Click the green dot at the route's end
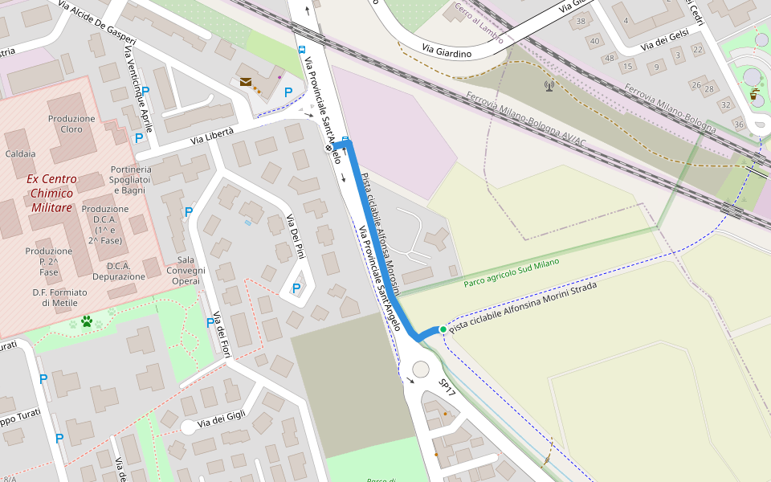[x=443, y=329]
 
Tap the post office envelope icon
[x=245, y=82]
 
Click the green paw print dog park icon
[x=86, y=321]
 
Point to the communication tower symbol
[x=549, y=84]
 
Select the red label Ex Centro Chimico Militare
[x=50, y=193]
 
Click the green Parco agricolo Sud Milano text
[x=511, y=273]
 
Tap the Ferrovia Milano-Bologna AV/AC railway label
[x=526, y=121]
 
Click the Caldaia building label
[x=20, y=153]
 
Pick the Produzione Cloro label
[x=71, y=124]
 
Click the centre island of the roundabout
[x=421, y=369]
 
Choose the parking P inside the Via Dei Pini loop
[x=296, y=288]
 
